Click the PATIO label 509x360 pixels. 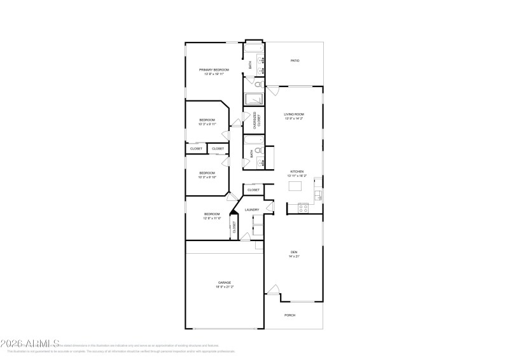click(x=295, y=60)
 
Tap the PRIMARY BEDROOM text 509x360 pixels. click(x=214, y=69)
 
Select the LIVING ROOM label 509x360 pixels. click(x=293, y=114)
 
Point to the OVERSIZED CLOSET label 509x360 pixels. click(x=256, y=120)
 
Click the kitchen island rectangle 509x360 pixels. click(x=295, y=186)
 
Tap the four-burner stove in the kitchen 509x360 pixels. click(x=303, y=207)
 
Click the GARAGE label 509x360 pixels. click(x=225, y=282)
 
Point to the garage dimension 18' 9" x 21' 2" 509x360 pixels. click(x=225, y=287)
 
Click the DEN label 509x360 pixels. click(x=294, y=252)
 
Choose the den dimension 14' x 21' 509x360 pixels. click(x=294, y=257)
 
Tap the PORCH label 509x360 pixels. click(x=289, y=315)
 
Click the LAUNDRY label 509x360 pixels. click(x=252, y=209)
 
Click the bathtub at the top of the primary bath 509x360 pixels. click(x=254, y=48)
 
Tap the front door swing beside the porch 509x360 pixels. click(x=272, y=290)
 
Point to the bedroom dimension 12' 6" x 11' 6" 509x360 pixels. click(x=212, y=219)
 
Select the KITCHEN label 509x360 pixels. click(x=296, y=172)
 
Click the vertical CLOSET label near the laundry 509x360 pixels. click(x=234, y=228)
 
